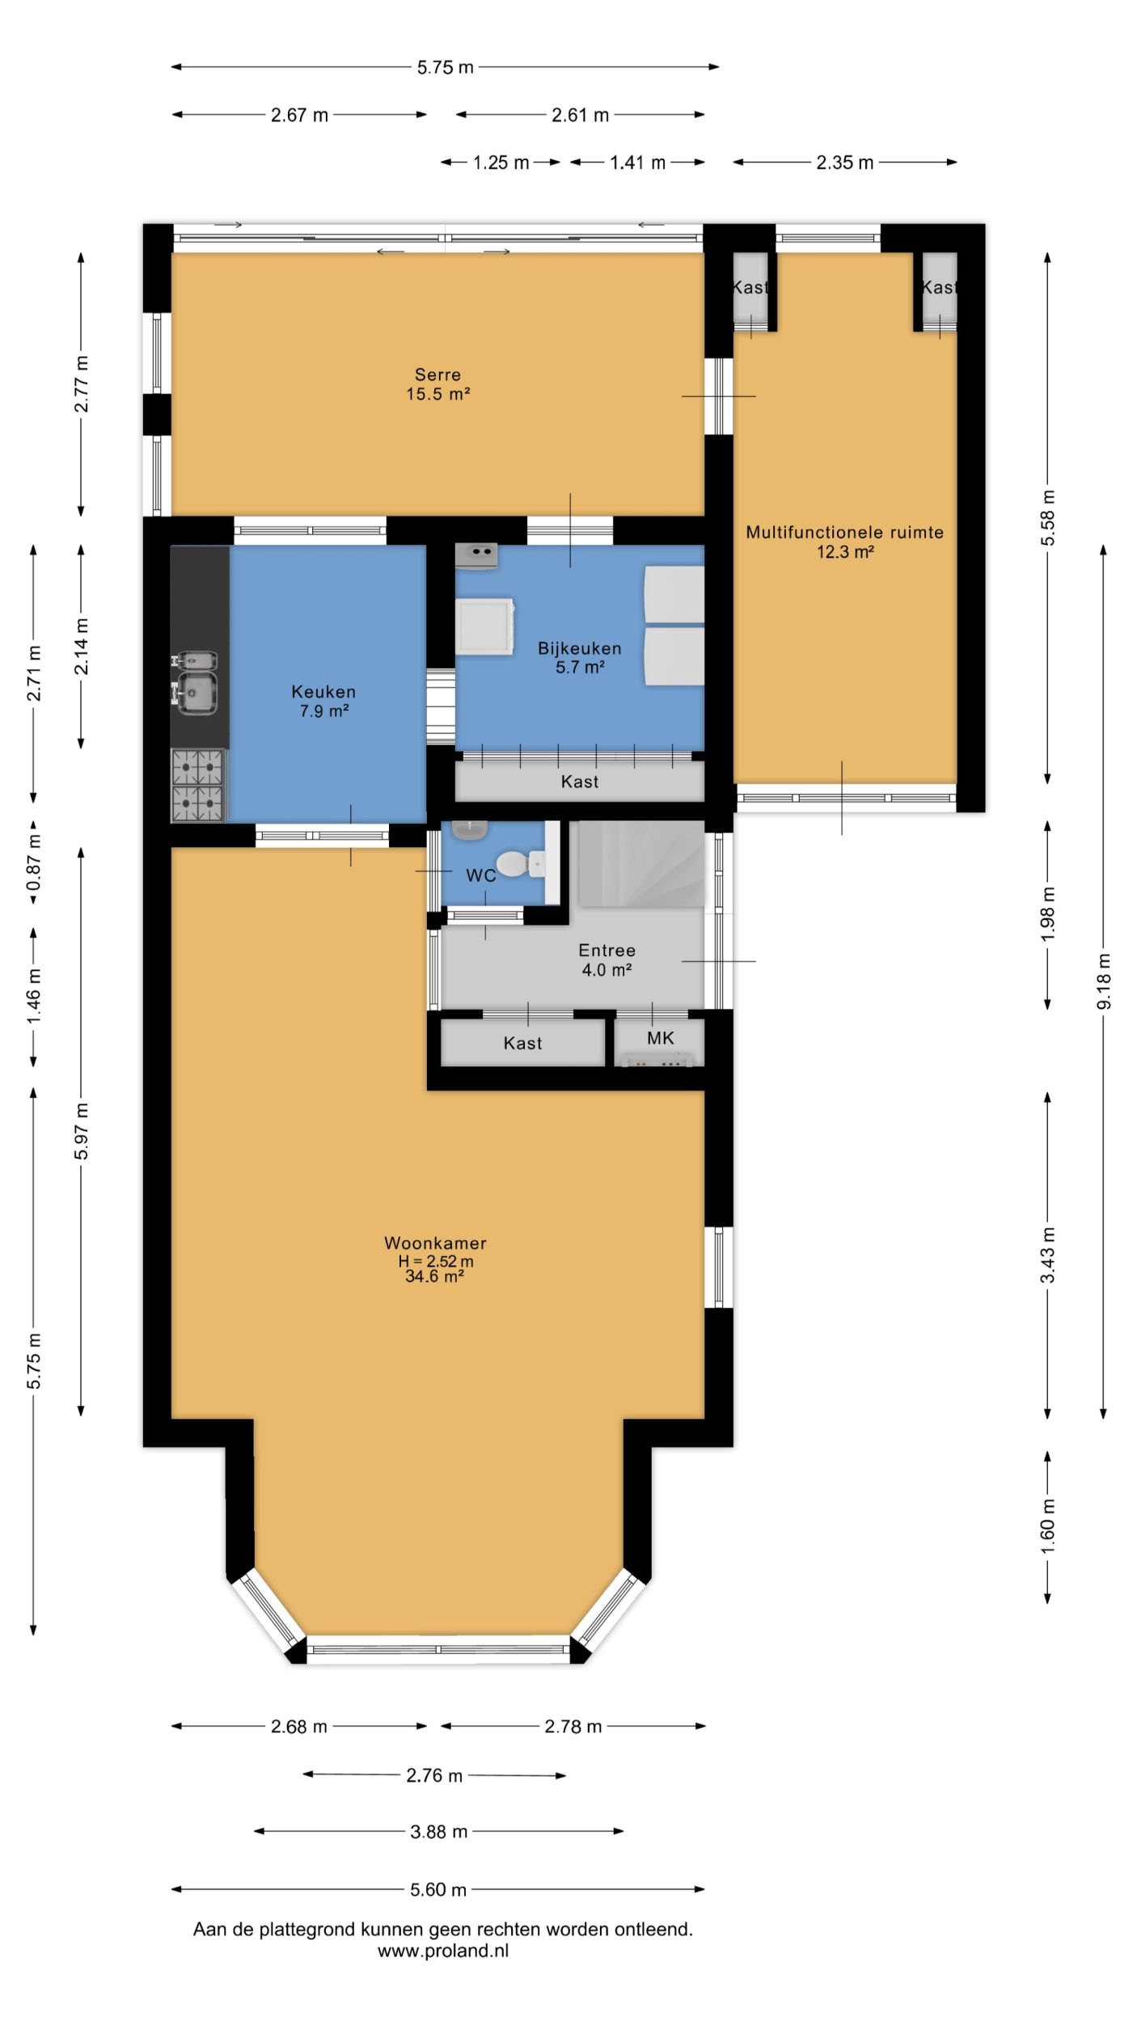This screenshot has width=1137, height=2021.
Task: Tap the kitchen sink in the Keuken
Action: (x=194, y=683)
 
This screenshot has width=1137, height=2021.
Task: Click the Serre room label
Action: (x=437, y=374)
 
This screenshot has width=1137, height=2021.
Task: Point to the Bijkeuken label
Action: (x=580, y=648)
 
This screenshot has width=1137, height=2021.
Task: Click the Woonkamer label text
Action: (x=435, y=1243)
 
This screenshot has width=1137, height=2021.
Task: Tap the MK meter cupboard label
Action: (x=660, y=1038)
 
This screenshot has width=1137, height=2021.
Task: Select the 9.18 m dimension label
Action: (x=1104, y=981)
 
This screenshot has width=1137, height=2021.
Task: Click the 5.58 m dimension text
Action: (x=1048, y=517)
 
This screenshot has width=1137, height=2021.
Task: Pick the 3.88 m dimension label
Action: (x=438, y=1832)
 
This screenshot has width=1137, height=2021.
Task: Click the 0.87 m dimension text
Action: (x=34, y=863)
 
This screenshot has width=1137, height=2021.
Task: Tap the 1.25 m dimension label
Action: (x=501, y=162)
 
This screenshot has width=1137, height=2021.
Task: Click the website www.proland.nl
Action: (x=443, y=1951)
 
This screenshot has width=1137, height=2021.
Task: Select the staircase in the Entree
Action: (x=641, y=863)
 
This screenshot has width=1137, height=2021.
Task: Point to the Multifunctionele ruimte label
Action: (x=844, y=532)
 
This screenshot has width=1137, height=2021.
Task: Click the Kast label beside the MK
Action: (x=522, y=1043)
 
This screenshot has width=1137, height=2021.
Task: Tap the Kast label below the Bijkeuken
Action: (x=580, y=782)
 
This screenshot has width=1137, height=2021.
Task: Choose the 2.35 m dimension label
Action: (x=845, y=162)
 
